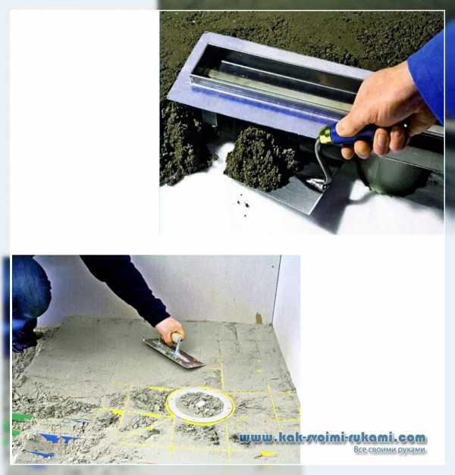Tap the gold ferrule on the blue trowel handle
[x=323, y=137]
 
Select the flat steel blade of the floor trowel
[x=174, y=354]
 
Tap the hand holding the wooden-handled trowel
[x=170, y=329]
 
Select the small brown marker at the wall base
[x=259, y=318]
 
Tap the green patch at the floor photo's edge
[x=22, y=417]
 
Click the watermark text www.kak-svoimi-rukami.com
[x=332, y=438]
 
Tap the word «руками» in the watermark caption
[x=411, y=450]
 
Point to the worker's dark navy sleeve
[x=124, y=288]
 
